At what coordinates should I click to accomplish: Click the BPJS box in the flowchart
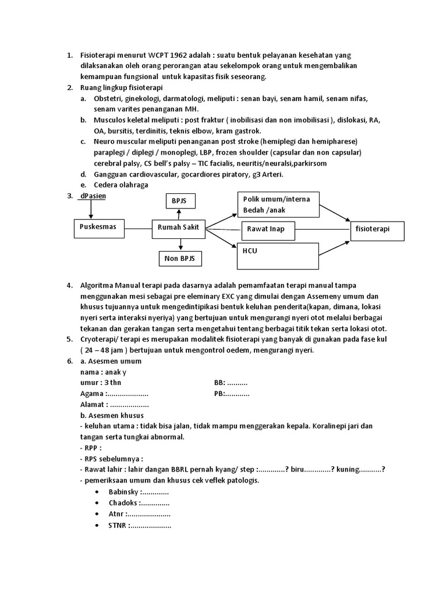coord(179,201)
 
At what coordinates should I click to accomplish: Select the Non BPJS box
coord(179,259)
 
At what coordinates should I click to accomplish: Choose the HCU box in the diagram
coord(277,256)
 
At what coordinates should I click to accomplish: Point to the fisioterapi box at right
coord(378,229)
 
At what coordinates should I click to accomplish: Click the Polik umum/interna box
coord(277,204)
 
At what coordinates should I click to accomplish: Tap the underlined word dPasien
coord(94,196)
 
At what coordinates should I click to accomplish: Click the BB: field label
coord(219,383)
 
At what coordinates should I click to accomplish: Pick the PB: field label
coord(219,394)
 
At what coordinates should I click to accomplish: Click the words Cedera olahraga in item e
coord(121,185)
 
